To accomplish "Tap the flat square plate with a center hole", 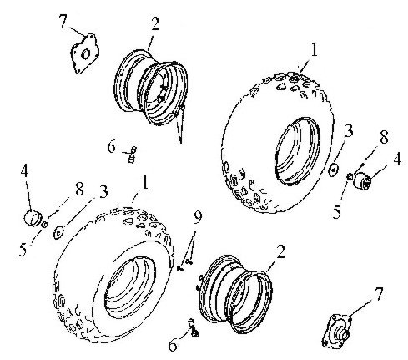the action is [84, 53].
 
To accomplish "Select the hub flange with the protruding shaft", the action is [336, 331].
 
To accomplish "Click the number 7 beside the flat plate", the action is [63, 21].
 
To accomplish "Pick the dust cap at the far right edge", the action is [362, 180].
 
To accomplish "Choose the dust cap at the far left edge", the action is [33, 217].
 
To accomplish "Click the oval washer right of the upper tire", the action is [333, 170].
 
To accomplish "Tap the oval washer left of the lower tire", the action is [58, 232].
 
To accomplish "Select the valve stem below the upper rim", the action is [132, 155].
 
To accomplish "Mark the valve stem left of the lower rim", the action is [194, 327].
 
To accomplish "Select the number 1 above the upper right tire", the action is [314, 50].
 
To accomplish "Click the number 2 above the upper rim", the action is [155, 24].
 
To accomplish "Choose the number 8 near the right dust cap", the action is [384, 137].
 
